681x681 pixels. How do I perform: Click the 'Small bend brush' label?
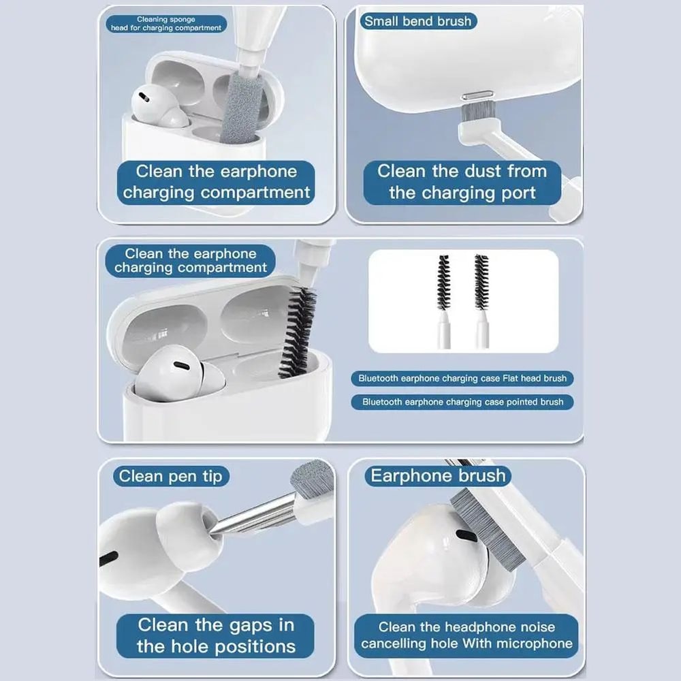point(417,21)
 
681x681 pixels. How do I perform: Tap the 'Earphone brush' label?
point(438,475)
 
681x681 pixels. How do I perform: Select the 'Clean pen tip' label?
point(170,476)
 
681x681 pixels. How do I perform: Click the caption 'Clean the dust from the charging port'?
point(462,182)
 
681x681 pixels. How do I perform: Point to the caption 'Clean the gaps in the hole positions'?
point(216,635)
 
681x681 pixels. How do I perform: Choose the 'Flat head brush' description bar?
point(462,378)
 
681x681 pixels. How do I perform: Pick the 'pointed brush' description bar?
point(462,402)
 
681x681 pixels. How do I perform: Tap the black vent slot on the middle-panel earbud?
point(182,366)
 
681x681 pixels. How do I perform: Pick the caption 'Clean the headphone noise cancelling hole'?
point(466,635)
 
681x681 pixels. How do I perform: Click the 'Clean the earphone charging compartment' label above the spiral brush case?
point(191,261)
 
